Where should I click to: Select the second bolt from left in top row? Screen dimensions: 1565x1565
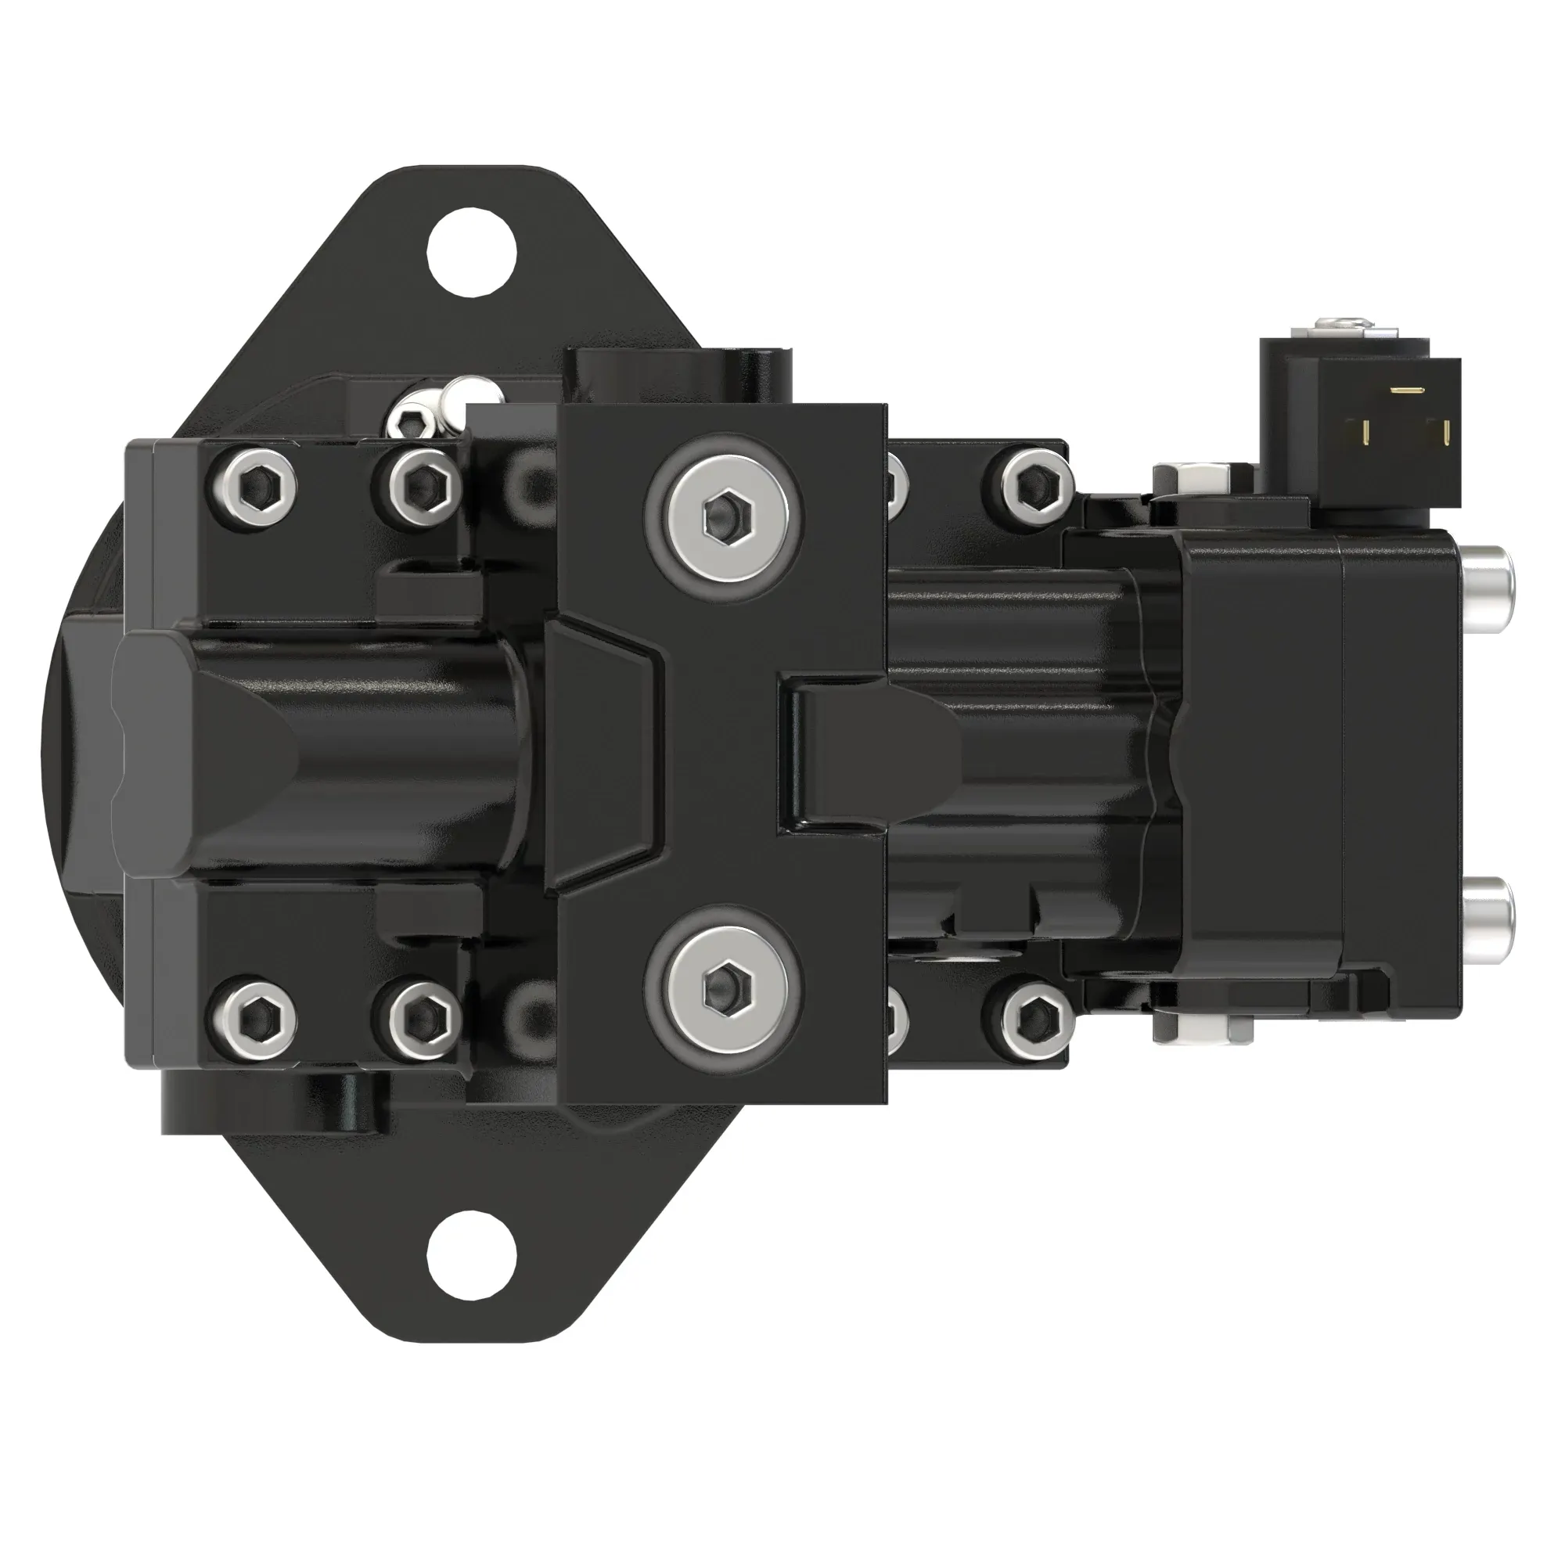[x=417, y=485]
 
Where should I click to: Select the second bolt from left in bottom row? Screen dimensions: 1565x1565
[x=417, y=1016]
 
